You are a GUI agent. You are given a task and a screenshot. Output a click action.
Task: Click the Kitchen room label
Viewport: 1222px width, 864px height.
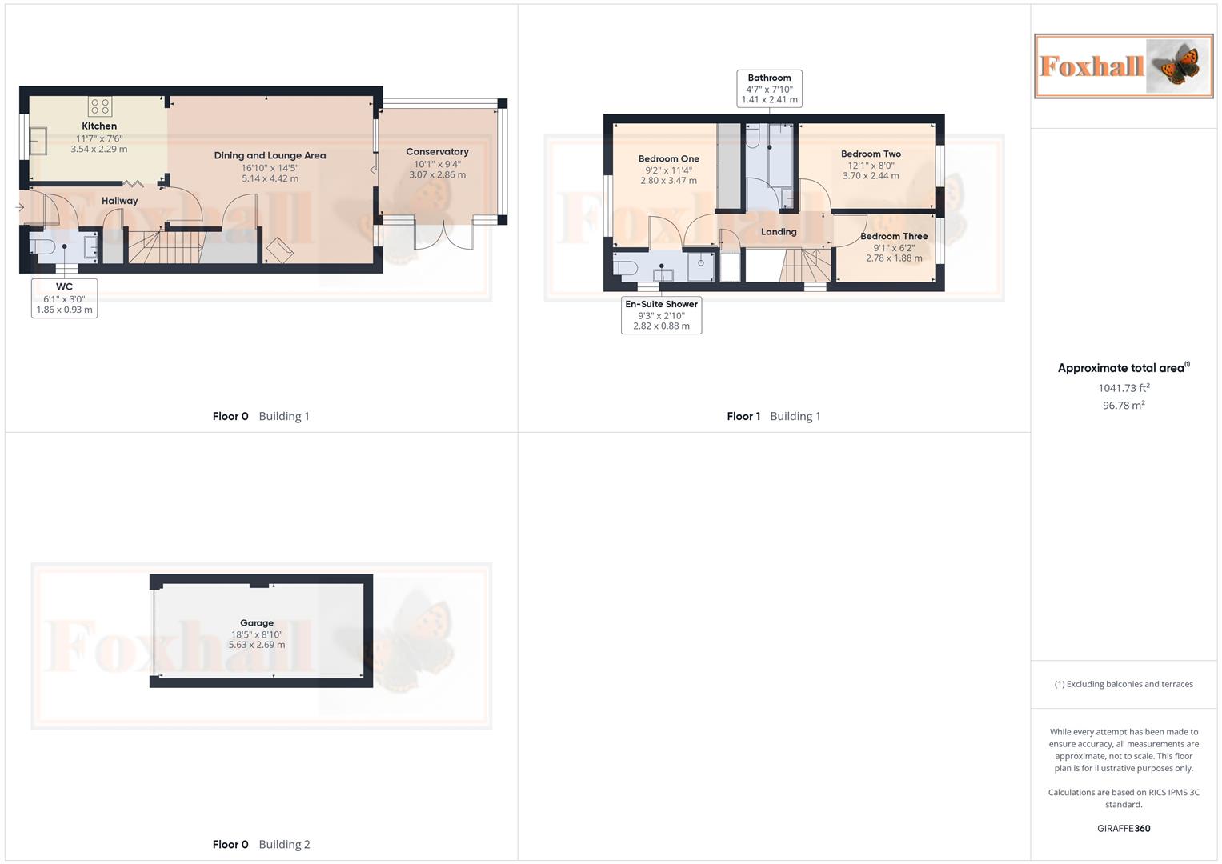99,126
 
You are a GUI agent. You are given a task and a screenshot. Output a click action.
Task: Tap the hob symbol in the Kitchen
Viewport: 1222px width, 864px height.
100,106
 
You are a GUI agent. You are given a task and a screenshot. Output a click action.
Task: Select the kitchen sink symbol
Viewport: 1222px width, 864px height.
38,142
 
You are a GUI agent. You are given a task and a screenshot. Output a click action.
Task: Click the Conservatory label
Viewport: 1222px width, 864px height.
437,152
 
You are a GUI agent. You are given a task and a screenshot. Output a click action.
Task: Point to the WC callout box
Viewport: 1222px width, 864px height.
64,298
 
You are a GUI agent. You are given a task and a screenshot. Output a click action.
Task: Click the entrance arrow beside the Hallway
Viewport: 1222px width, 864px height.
20,208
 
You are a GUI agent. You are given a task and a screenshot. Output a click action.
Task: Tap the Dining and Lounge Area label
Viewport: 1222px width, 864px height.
270,156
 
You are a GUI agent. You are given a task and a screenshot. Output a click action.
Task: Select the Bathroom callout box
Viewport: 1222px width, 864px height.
769,89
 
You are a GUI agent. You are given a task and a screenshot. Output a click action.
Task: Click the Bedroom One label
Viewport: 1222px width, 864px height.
668,159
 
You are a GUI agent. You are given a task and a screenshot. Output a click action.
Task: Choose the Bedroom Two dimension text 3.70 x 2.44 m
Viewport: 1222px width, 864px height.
871,176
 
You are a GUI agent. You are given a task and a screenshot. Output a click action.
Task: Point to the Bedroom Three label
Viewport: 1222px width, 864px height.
894,237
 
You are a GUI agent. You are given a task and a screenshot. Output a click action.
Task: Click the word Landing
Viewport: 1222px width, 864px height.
779,232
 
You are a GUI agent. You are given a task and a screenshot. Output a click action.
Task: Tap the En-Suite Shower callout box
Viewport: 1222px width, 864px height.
661,315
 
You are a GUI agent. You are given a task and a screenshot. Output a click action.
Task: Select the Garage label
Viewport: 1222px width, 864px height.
257,623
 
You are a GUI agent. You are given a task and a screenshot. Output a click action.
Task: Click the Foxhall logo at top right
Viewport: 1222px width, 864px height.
1124,66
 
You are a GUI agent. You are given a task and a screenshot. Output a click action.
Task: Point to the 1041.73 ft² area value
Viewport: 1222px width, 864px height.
1124,388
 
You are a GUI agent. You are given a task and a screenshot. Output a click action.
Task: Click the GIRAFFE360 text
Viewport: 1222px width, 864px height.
1124,829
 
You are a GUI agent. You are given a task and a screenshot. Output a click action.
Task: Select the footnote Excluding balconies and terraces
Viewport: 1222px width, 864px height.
1124,684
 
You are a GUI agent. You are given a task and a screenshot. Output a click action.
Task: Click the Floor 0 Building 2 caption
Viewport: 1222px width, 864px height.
261,844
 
